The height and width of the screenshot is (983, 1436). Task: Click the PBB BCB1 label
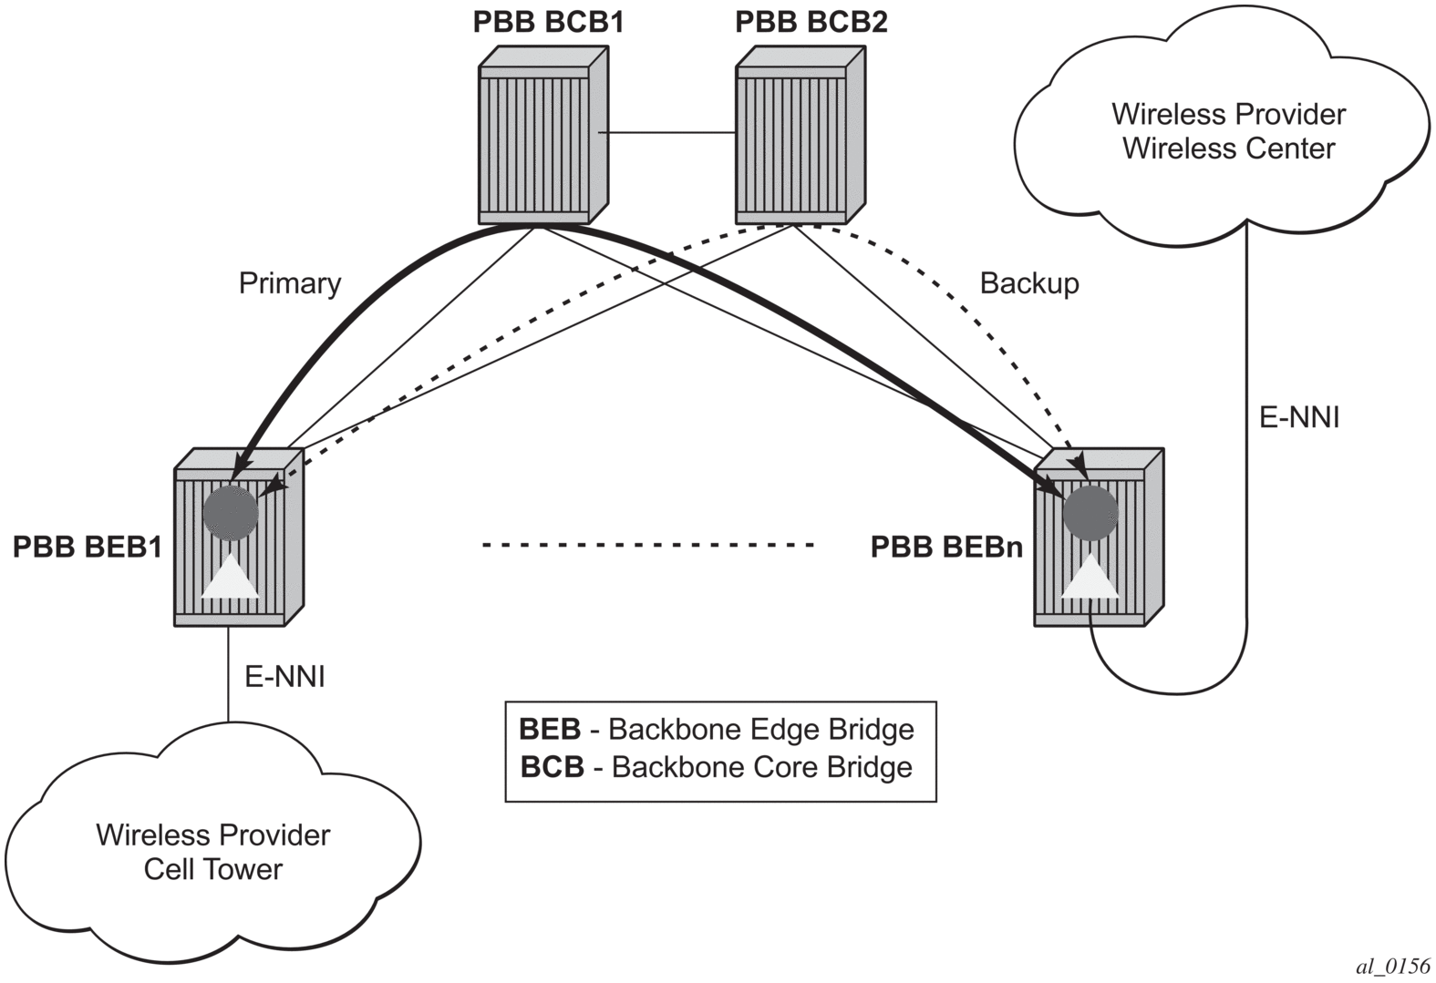tap(548, 21)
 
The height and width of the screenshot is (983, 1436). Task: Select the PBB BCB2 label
tap(811, 21)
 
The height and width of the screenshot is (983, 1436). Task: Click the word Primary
tap(289, 283)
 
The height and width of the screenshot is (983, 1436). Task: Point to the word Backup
tap(1029, 283)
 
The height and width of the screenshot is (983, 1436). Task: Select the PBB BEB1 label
tap(88, 547)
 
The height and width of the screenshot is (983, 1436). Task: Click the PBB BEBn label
tap(946, 547)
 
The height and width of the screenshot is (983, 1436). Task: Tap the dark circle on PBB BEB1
tap(231, 513)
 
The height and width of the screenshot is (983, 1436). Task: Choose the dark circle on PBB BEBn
tap(1090, 513)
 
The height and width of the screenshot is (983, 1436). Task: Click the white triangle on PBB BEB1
tap(230, 578)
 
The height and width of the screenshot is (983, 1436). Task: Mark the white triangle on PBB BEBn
tap(1090, 578)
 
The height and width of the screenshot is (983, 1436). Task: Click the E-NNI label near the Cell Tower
tap(284, 677)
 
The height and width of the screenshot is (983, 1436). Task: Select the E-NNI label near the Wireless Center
tap(1299, 417)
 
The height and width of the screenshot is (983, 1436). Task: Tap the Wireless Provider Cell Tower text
tap(213, 852)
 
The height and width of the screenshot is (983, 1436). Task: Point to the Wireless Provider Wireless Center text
tap(1228, 131)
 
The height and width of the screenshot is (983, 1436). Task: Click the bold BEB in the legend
tap(550, 730)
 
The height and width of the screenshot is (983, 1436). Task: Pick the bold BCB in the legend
tap(552, 767)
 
